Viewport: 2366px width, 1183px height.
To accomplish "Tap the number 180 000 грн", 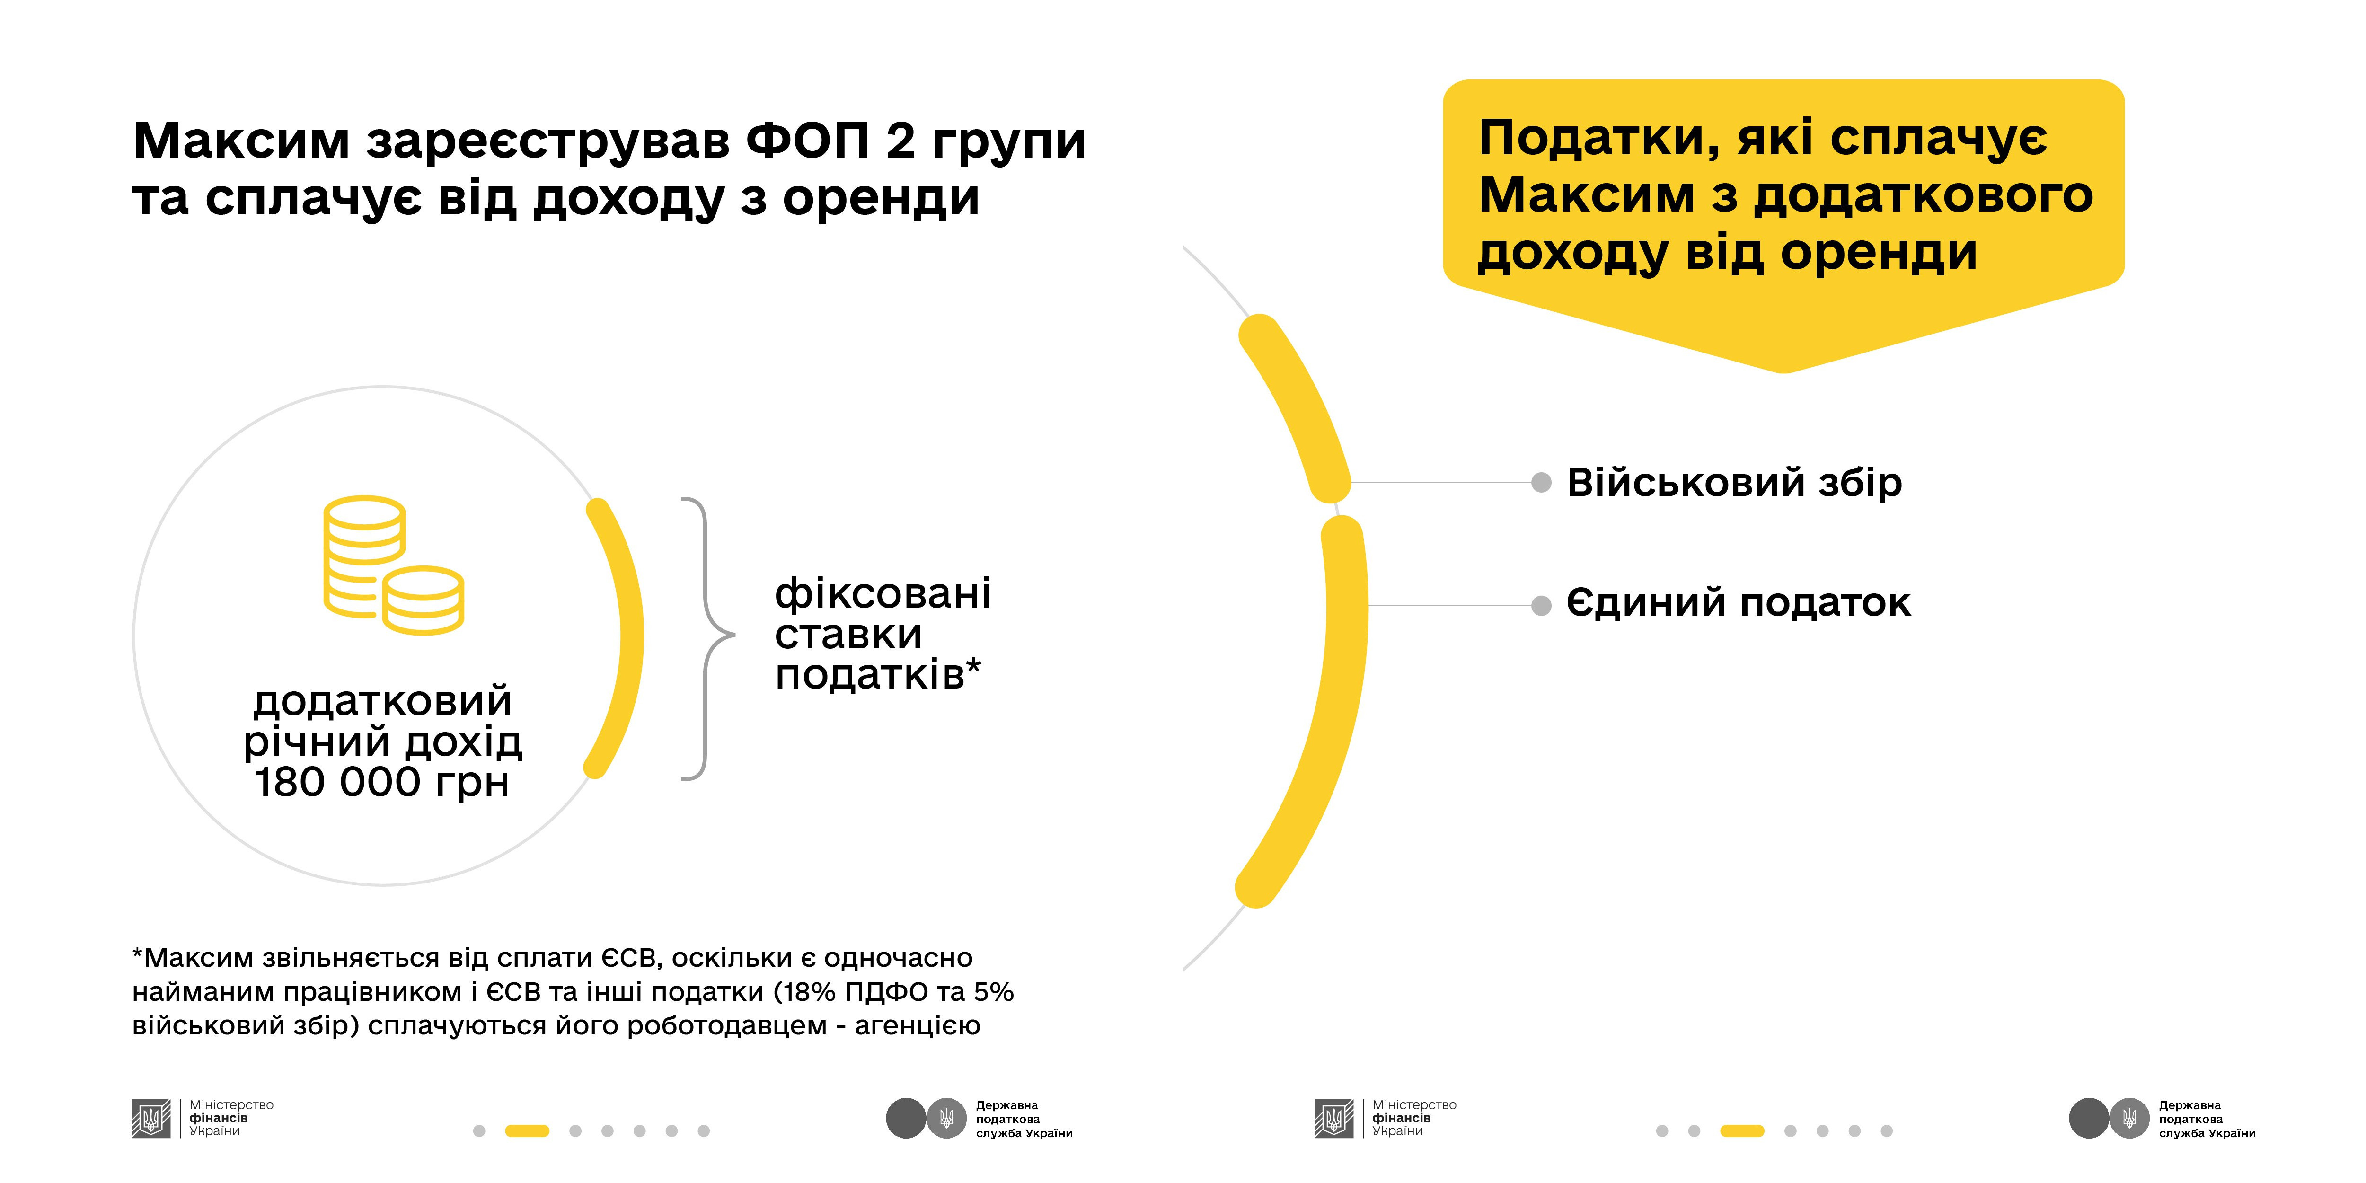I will point(381,783).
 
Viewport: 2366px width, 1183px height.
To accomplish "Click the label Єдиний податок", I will point(1738,603).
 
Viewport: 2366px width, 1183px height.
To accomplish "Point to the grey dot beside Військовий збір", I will point(1541,482).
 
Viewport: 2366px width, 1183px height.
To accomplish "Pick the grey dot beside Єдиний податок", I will point(1541,605).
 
